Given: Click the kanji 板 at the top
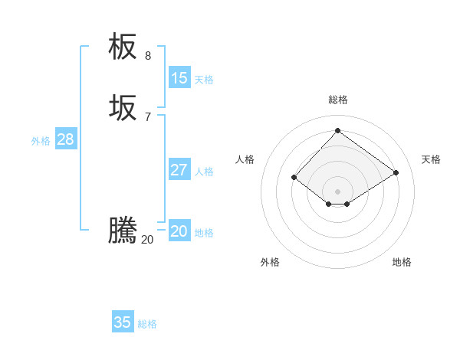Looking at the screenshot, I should pos(123,47).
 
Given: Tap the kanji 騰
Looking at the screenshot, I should pos(123,231).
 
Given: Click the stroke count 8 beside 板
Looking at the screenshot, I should pos(148,56).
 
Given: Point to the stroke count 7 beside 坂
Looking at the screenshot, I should pos(148,117).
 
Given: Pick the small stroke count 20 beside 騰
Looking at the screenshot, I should pos(147,240).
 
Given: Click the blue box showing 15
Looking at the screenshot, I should pos(179,78).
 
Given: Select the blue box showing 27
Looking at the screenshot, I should pos(179,170).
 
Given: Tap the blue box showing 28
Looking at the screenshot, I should pos(66,139).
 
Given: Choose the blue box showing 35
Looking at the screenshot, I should pos(123,322).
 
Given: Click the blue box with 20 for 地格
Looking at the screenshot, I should pos(179,231).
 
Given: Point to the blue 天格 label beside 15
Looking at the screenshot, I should pos(204,80).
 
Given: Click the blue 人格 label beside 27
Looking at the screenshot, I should pos(204,172).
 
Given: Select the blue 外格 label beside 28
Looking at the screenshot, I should pos(41,141).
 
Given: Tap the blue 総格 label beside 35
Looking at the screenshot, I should pos(147,324).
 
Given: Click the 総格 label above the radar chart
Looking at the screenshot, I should pos(337,100).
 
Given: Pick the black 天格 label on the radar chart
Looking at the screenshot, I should pos(431,159).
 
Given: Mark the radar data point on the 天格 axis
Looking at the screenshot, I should pos(396,172).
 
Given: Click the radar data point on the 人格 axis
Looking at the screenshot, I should pos(294,177).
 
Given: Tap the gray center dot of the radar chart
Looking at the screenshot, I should pos(337,191).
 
